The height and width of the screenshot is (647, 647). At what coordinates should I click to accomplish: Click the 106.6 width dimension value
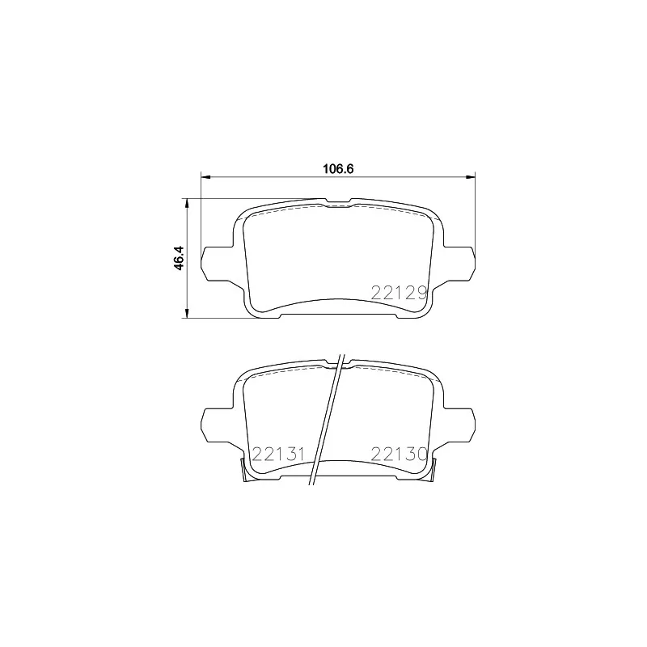pyautogui.click(x=340, y=169)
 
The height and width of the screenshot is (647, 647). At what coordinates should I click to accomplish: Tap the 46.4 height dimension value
pyautogui.click(x=180, y=257)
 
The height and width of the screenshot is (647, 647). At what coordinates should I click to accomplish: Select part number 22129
pyautogui.click(x=398, y=294)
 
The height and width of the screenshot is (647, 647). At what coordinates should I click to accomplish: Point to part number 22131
pyautogui.click(x=277, y=454)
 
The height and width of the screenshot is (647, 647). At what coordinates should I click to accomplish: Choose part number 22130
pyautogui.click(x=398, y=454)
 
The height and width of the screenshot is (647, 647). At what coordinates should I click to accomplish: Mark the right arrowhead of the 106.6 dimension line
pyautogui.click(x=472, y=175)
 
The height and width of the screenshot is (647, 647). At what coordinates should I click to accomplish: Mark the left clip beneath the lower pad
pyautogui.click(x=245, y=472)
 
